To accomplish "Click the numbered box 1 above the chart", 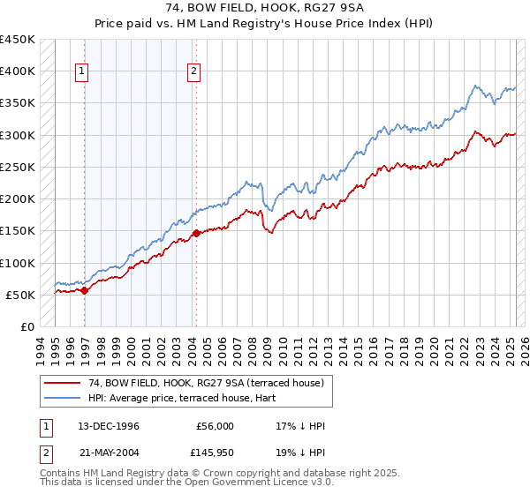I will (81, 72).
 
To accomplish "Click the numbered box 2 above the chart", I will (193, 72).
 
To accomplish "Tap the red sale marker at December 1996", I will (85, 290).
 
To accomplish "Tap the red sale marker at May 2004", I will (196, 233).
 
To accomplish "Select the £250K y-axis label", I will (18, 167).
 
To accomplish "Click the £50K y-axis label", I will (21, 295).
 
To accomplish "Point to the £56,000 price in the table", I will (215, 426).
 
